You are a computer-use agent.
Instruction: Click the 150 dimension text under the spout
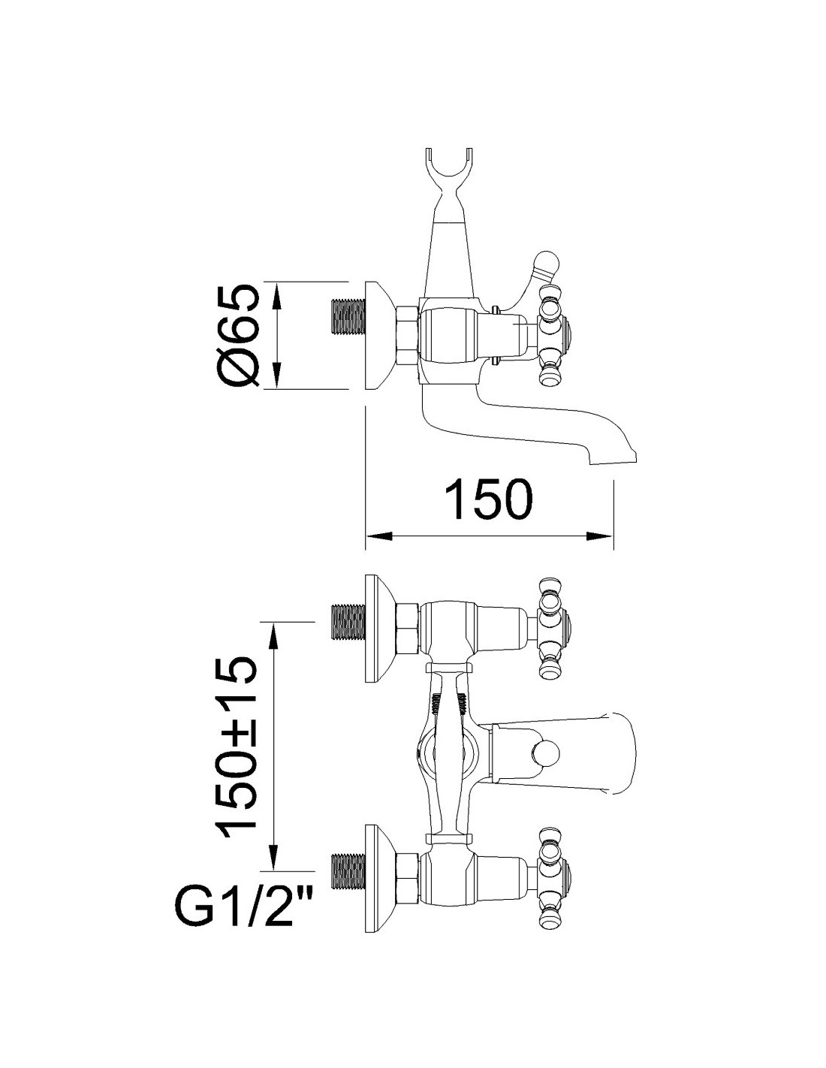pos(488,499)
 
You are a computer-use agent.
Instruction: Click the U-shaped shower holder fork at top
pos(447,177)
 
